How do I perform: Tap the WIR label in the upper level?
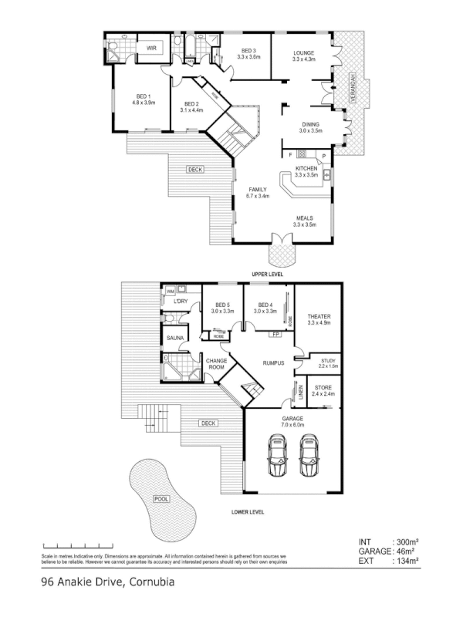tap(152, 47)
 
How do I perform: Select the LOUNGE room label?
tap(304, 51)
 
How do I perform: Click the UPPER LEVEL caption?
tap(266, 274)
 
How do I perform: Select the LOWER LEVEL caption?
tap(248, 511)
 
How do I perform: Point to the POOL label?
tap(161, 499)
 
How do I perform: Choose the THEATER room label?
tap(319, 317)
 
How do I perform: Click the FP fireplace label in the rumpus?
tap(275, 335)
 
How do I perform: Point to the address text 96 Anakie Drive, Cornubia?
tap(103, 583)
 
